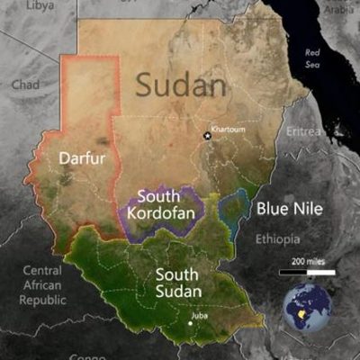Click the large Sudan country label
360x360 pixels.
(181, 85)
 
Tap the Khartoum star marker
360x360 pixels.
(207, 136)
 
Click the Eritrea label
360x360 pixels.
(303, 132)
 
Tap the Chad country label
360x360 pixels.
(25, 84)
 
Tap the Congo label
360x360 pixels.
(88, 356)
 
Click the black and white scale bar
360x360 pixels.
(306, 271)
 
